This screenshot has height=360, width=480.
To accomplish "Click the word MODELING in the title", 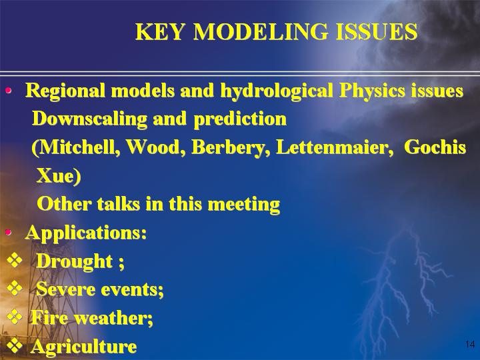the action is [261, 31].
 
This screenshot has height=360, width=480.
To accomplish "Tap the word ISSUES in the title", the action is [377, 31].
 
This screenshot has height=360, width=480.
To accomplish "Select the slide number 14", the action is [470, 344].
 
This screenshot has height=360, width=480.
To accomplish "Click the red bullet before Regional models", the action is [8, 90].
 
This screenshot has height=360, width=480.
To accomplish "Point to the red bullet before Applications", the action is [8, 233].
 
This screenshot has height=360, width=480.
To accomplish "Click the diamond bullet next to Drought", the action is [15, 261].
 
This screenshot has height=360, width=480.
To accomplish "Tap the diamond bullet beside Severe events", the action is [15, 289].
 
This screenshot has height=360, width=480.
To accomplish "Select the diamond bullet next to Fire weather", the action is [15, 317].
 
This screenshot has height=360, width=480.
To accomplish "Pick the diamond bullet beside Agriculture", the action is [15, 345].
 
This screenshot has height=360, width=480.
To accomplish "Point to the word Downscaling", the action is [90, 119].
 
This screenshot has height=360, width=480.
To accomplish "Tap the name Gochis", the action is [435, 147].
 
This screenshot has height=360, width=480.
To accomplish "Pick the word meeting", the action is [244, 205].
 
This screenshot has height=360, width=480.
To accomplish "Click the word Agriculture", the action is [84, 347].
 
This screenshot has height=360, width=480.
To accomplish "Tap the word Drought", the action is [75, 262].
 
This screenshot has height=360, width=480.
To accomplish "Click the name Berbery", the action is [231, 148].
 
